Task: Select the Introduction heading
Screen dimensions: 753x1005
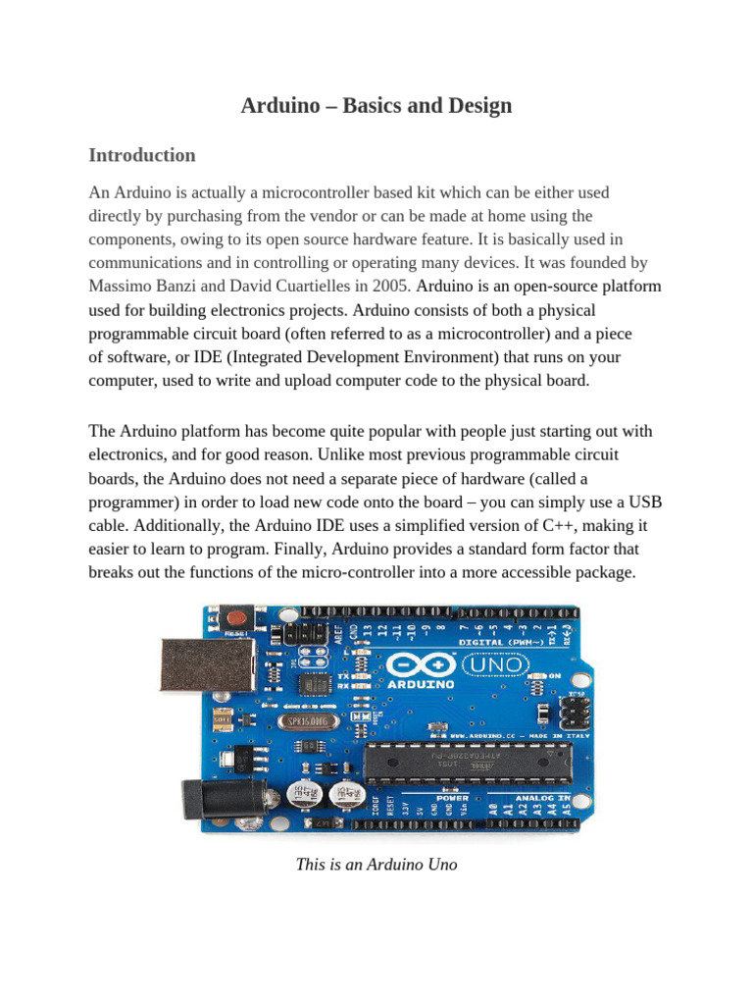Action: point(142,155)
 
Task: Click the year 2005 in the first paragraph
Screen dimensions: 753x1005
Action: point(392,287)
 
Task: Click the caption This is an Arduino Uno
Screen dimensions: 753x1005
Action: point(376,865)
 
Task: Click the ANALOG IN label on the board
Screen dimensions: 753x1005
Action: point(536,798)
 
